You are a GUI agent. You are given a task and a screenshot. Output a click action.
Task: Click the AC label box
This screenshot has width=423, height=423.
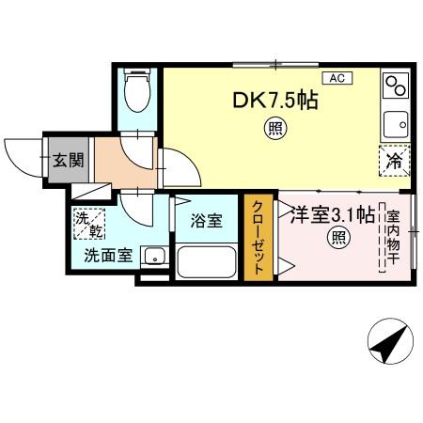tap(336, 79)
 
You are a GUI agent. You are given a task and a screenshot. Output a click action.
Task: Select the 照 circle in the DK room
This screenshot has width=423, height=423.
tap(274, 132)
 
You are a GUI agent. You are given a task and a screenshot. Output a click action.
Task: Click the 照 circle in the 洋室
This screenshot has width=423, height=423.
tap(337, 239)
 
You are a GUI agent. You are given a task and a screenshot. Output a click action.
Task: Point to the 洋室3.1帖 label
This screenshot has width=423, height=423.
tap(332, 213)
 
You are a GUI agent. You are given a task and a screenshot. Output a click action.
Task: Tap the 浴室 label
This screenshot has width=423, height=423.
tap(206, 221)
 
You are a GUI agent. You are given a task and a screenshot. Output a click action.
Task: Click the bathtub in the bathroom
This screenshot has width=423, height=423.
tap(208, 259)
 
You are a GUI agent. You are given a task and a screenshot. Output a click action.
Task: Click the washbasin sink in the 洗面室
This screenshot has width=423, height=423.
tap(153, 257)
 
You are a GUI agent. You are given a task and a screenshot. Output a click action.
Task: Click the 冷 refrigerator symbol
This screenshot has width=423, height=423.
tap(395, 161)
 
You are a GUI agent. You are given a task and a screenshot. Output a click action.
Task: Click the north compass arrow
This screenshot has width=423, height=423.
tap(388, 345)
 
